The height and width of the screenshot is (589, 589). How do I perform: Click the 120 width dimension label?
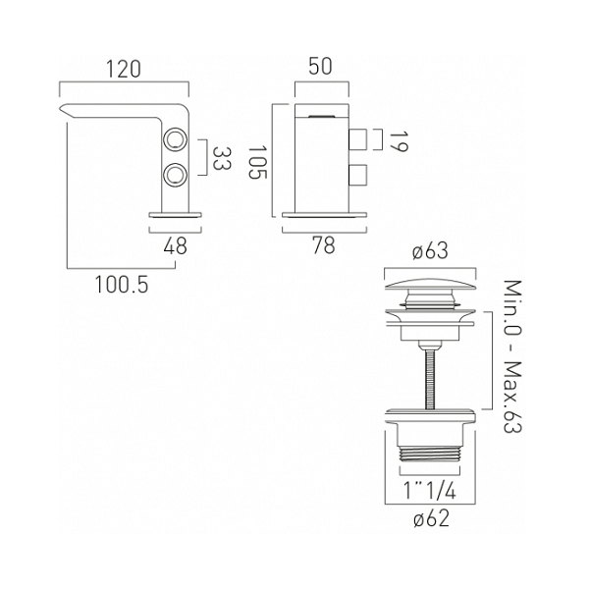[124, 70]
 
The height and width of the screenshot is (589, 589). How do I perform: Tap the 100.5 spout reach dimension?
[122, 285]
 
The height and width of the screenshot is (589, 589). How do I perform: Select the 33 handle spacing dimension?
[222, 158]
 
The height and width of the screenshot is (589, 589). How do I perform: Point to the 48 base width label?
[176, 246]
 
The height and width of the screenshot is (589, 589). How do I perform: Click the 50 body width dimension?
[321, 66]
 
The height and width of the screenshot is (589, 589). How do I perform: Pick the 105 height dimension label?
[257, 162]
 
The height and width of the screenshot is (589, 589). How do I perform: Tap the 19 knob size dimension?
[399, 141]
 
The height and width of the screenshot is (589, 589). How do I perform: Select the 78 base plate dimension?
[324, 246]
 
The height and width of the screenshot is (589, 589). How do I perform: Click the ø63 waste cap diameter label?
[431, 251]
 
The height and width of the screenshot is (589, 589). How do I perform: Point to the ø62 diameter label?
[431, 519]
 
